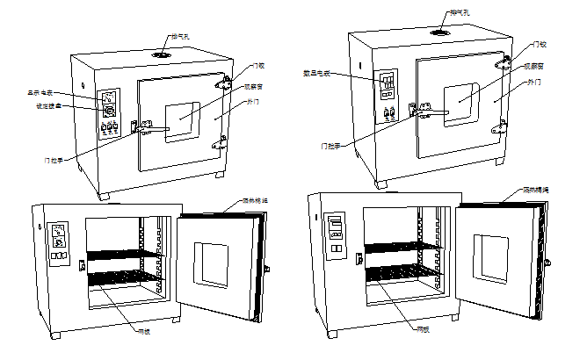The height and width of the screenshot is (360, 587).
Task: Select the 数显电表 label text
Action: coord(315,74)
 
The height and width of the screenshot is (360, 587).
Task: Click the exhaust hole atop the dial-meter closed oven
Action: coord(162,54)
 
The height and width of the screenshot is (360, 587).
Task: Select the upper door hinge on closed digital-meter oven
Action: coord(503,63)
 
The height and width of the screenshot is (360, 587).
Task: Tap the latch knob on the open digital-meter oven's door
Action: coord(548,263)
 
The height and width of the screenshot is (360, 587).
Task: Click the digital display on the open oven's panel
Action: coord(335,221)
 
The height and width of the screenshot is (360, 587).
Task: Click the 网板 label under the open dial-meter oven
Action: coord(144,332)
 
